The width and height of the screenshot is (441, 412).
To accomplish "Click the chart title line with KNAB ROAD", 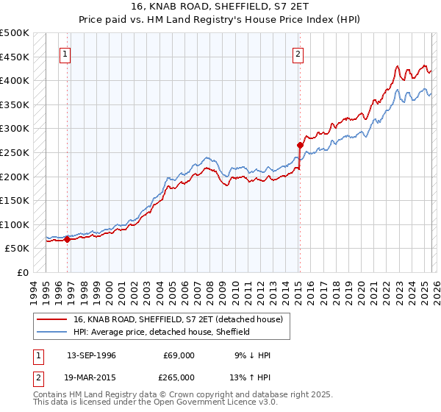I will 220,7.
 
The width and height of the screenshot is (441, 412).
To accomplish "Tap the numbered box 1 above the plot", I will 65,53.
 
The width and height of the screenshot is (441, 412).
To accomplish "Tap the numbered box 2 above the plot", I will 298,53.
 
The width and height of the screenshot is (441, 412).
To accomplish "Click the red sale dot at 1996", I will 67,239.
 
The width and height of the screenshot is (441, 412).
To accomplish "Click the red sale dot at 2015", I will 300,145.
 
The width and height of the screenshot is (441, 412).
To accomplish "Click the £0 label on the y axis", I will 22,272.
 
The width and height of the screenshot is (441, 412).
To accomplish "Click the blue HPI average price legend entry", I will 162,332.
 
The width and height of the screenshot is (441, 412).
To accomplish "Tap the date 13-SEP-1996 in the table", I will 91,355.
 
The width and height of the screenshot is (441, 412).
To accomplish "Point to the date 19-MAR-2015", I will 91,377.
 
